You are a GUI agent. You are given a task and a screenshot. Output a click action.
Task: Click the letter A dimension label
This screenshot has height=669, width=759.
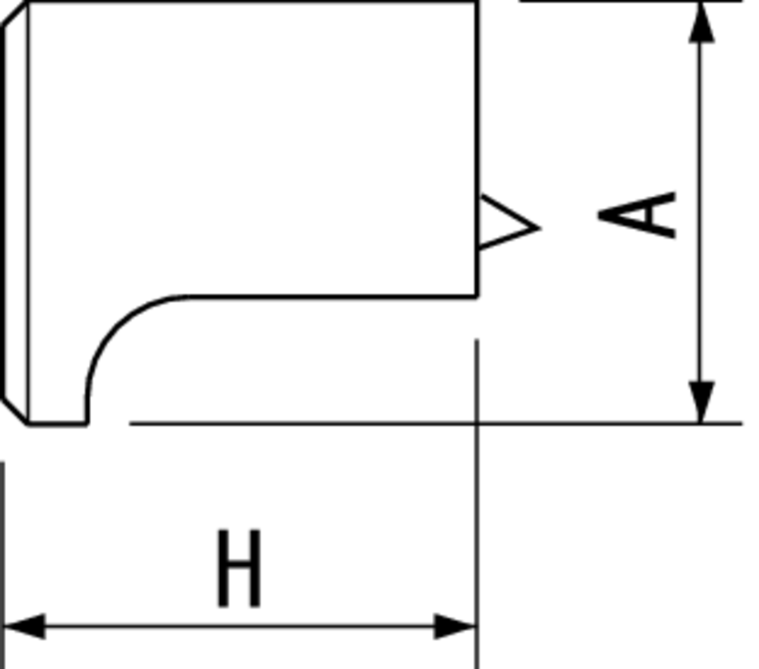637,216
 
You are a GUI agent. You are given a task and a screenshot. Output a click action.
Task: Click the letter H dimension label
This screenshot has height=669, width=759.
238,568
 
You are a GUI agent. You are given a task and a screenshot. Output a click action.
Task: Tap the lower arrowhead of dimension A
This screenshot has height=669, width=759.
701,402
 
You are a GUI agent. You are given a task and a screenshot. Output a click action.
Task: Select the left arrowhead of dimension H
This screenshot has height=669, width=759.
24,626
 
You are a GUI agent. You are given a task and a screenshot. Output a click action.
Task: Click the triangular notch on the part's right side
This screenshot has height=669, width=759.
505,222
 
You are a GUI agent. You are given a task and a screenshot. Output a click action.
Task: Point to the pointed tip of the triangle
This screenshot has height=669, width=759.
540,228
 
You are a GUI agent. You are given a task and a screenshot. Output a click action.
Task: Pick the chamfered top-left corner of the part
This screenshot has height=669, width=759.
15,14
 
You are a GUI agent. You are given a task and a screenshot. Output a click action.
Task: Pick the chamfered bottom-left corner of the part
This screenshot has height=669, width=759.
15,411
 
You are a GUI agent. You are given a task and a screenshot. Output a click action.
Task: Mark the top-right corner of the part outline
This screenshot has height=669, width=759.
477,2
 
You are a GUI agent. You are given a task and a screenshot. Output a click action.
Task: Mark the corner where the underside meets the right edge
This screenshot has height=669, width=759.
477,296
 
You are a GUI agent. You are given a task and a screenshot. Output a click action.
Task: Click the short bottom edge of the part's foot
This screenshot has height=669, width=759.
58,424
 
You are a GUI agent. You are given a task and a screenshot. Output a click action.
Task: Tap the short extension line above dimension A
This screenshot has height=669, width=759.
630,2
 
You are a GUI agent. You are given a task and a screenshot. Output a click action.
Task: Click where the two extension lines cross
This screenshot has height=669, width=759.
477,424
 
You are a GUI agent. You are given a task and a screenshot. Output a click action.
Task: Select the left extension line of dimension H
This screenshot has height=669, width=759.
3,565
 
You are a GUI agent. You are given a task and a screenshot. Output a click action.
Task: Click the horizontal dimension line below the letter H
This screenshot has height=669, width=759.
240,626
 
